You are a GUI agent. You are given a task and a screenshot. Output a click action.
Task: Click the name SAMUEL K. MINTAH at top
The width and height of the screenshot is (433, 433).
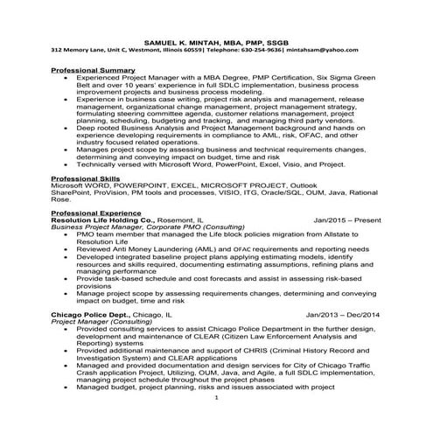(178, 42)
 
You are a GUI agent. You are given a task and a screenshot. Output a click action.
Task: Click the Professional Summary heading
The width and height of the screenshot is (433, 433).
(92, 69)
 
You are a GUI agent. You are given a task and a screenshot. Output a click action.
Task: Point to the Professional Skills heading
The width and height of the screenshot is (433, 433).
(86, 178)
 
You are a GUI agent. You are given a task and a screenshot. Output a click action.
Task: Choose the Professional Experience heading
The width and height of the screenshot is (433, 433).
(95, 213)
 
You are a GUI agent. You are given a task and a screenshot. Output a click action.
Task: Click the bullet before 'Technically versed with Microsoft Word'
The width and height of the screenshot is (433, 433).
(66, 164)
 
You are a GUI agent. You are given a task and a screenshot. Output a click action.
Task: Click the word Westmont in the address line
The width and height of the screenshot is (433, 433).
(140, 51)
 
